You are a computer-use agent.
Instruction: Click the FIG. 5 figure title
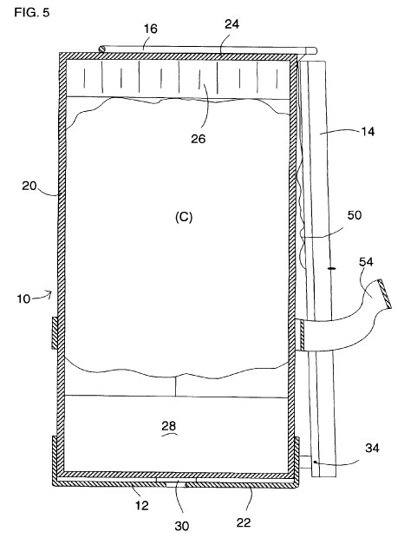[x=32, y=13]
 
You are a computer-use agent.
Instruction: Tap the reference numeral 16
[x=151, y=29]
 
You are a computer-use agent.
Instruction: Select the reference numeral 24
[x=232, y=24]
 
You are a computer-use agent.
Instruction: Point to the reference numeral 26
[x=199, y=139]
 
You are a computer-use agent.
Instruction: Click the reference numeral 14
[x=368, y=131]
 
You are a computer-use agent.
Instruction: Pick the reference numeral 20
[x=29, y=185]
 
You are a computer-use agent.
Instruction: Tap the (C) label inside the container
[x=184, y=218]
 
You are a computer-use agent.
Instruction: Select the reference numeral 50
[x=355, y=215]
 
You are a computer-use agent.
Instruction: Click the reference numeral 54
[x=366, y=262]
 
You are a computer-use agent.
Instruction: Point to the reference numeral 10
[x=23, y=299]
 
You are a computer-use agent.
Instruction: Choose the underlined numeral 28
[x=169, y=426]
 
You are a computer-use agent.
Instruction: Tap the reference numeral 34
[x=373, y=448]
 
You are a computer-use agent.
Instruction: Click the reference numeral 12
[x=142, y=505]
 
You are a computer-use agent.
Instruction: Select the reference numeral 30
[x=182, y=526]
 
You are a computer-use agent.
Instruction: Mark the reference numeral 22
[x=244, y=522]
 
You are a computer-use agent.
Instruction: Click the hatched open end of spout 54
[x=385, y=294]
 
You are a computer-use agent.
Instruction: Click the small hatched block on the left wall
[x=55, y=333]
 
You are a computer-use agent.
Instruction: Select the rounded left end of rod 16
[x=101, y=49]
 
